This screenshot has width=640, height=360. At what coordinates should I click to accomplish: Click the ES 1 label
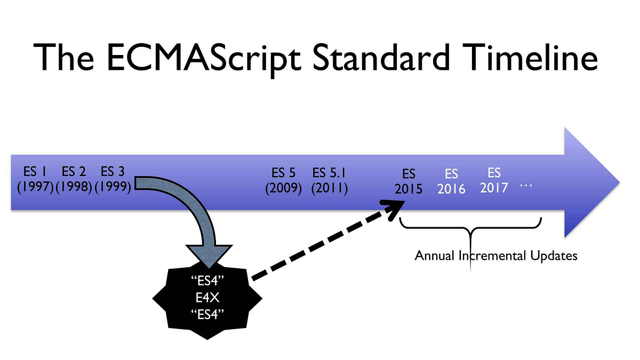click(35, 172)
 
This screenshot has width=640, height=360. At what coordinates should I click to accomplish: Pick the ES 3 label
click(113, 172)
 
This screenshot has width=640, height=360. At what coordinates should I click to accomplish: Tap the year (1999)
click(113, 188)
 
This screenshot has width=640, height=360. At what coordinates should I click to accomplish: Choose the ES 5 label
click(283, 173)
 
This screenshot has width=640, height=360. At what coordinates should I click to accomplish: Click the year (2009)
click(283, 189)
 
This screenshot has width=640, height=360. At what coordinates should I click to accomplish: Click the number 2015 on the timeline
click(409, 190)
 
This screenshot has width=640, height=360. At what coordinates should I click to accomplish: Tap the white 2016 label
click(451, 189)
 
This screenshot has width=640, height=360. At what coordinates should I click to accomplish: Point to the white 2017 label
click(494, 188)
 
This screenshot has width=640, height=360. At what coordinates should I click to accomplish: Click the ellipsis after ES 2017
click(526, 185)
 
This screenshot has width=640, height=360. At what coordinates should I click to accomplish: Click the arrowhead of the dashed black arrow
click(395, 206)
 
